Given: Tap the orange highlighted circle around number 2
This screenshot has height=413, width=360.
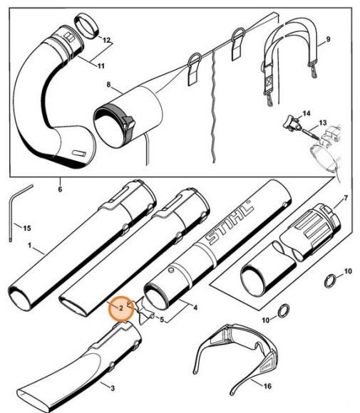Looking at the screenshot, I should pos(121,308).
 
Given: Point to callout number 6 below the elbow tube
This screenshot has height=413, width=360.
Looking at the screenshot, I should pos(60,189).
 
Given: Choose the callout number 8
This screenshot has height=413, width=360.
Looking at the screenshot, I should pos(109,85).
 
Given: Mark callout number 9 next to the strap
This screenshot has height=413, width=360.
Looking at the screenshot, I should pos(329,38).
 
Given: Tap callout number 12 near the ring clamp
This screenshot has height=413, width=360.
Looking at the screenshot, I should pos(106,41).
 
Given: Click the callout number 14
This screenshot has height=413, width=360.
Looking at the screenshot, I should pos(307,113).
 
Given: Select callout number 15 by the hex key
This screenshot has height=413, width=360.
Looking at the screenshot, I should pos(27,228).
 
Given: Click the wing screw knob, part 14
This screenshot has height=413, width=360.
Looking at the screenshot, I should pos(289,125).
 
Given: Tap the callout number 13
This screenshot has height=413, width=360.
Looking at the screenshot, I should pos(323,123).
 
